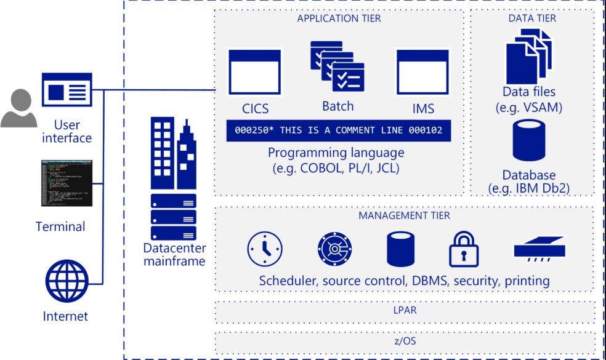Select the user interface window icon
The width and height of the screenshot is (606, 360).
(67, 90)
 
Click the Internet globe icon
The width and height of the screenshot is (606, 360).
(66, 279)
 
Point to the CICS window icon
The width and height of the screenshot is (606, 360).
(254, 73)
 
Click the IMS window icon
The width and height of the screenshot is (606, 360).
(422, 73)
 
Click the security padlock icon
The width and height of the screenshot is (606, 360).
(463, 249)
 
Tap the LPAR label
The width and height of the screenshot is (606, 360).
(404, 310)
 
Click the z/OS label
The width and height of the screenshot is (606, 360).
(404, 341)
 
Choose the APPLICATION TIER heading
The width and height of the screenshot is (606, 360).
(339, 18)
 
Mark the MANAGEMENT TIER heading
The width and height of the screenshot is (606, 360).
(404, 215)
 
